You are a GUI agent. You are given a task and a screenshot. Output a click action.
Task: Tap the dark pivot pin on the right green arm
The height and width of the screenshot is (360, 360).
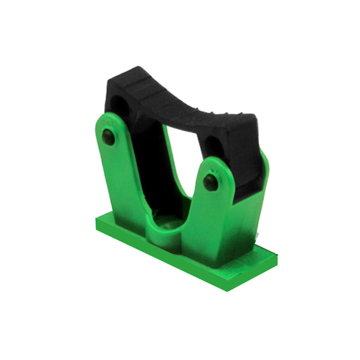211,182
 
